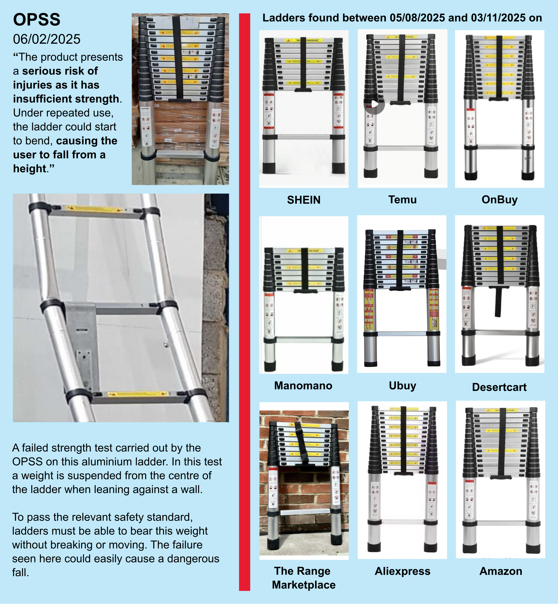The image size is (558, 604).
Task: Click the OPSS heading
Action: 37,20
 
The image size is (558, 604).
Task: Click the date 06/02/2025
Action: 47,39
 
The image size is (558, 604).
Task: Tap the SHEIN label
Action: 304,200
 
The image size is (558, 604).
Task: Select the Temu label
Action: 402,200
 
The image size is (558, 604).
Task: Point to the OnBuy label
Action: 500,200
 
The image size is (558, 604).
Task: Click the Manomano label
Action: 303,386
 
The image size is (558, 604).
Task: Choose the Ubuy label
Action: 402,386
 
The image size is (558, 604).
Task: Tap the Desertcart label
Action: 499,387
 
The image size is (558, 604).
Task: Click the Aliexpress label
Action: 402,571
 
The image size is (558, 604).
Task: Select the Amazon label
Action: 501,571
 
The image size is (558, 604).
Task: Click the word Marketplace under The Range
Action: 304,585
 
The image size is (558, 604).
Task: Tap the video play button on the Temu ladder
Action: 374,104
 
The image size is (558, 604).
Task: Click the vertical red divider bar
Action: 244,302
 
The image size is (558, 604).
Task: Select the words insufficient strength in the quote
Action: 66,99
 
